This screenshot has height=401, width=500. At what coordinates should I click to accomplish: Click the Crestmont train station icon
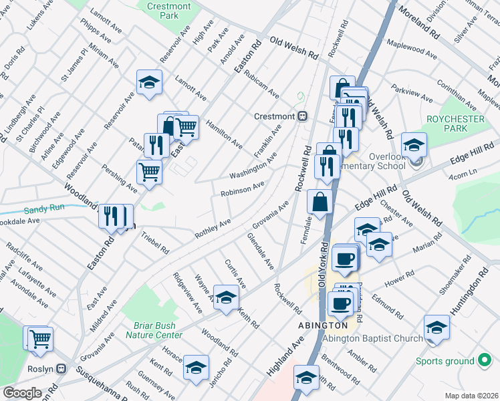[x=302, y=116]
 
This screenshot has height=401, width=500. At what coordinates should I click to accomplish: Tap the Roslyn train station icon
[x=62, y=368]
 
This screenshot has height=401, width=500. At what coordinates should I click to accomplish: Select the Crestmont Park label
[x=168, y=11]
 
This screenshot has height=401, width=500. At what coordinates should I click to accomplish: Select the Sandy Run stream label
[x=44, y=208]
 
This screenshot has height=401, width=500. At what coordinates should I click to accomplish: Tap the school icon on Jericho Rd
[x=196, y=367]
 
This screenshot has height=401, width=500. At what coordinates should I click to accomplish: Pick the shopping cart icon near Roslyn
[x=39, y=338]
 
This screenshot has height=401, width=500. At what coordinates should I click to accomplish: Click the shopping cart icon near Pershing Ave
[x=149, y=171]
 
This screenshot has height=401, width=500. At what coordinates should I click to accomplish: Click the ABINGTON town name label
[x=323, y=325]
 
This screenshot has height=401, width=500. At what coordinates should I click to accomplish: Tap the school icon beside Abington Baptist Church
[x=436, y=327]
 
